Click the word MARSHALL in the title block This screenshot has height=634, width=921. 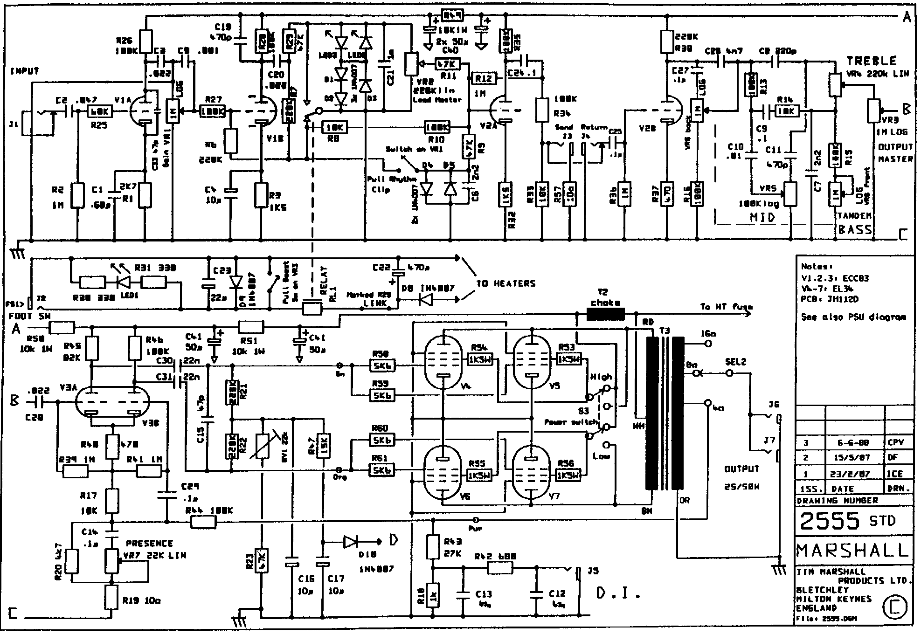[853, 550]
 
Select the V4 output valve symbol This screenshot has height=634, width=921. [443, 362]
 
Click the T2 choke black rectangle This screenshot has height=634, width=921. [605, 315]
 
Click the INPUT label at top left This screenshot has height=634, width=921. [24, 71]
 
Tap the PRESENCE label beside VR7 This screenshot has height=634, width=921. [149, 543]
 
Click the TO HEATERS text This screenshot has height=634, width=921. [506, 283]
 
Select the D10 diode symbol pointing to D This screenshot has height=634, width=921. [351, 542]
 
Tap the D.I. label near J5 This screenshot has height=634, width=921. [617, 593]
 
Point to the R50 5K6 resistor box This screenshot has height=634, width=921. [382, 366]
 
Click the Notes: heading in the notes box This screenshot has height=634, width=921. [817, 267]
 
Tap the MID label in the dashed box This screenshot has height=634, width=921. [762, 217]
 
